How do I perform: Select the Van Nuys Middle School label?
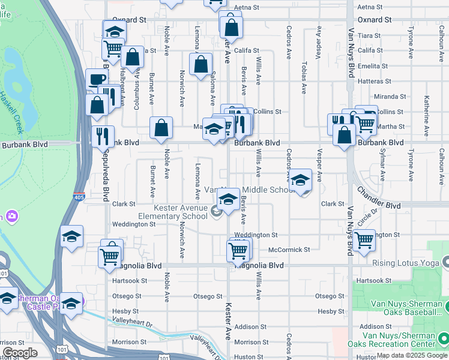click(249, 190)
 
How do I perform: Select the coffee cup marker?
click(96, 80)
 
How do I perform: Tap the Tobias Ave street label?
click(305, 78)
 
